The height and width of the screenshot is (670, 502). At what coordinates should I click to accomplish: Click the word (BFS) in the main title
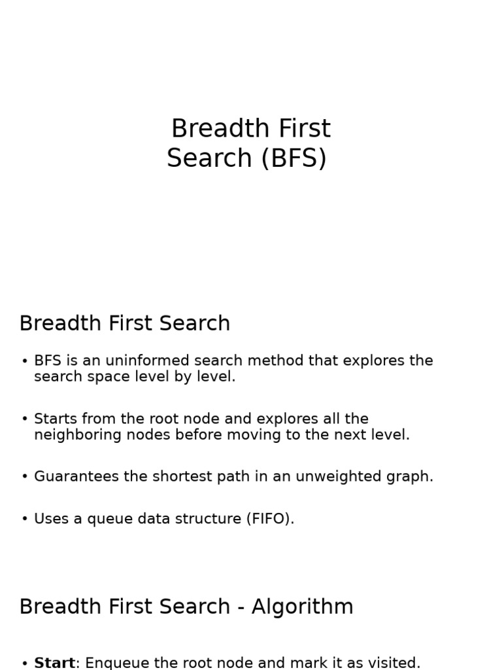(293, 158)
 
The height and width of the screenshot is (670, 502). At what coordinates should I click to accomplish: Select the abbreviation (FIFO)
(270, 519)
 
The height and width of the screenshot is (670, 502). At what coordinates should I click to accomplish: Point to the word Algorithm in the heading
(302, 607)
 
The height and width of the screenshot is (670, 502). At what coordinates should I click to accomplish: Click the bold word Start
(54, 663)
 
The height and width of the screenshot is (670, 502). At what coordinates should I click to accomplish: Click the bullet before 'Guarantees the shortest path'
(25, 477)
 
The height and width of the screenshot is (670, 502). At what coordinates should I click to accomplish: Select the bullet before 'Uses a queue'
(25, 520)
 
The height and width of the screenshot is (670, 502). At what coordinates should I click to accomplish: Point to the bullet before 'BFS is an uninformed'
(25, 361)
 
